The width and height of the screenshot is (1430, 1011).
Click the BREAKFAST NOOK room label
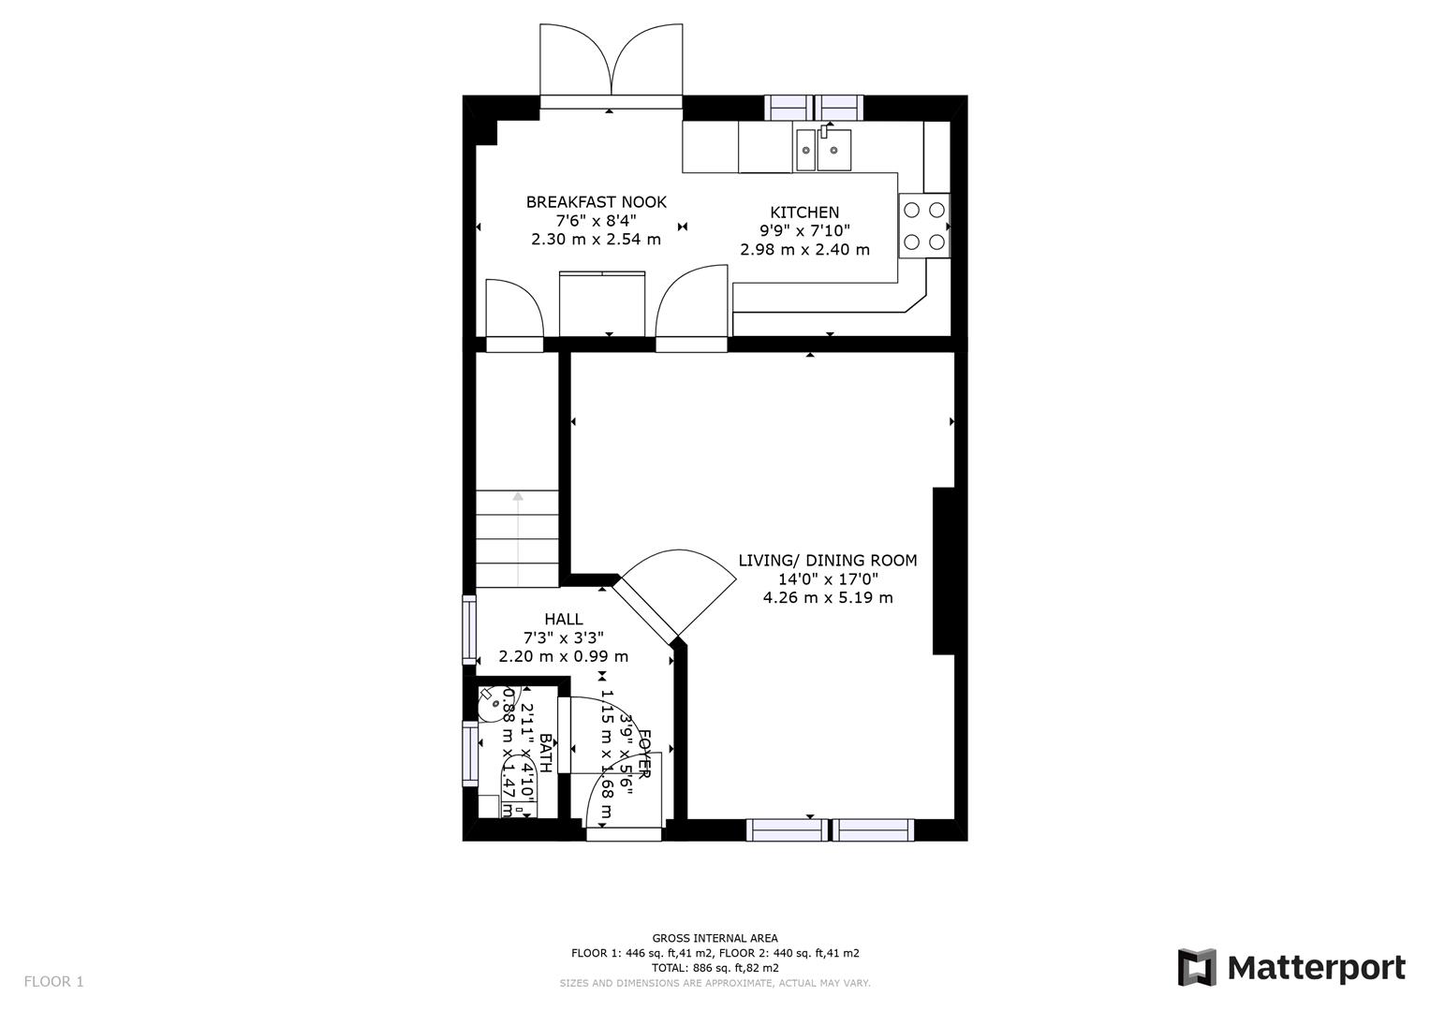(x=596, y=202)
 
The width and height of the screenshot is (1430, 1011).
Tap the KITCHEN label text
(x=804, y=212)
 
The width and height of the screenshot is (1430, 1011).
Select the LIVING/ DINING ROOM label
(x=828, y=561)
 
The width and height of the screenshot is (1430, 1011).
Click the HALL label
(x=564, y=619)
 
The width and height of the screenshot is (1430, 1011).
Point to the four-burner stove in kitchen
(x=923, y=226)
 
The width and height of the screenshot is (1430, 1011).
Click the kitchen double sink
(x=824, y=150)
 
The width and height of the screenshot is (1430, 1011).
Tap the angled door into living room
(x=676, y=590)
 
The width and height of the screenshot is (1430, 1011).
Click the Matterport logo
(x=1291, y=967)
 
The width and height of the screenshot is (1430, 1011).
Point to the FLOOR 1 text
(x=53, y=982)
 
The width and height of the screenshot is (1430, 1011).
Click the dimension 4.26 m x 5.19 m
(x=828, y=597)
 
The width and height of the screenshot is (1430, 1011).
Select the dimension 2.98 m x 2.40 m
(x=804, y=250)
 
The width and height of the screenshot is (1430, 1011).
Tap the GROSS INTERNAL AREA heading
(x=715, y=938)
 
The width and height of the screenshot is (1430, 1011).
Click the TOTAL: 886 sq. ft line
(x=715, y=968)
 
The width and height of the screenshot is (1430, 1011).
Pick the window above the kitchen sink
(x=814, y=108)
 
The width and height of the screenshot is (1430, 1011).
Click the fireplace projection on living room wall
(x=943, y=571)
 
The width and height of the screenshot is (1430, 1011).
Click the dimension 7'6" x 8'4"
(x=596, y=221)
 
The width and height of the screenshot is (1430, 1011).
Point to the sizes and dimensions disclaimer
(x=715, y=983)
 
